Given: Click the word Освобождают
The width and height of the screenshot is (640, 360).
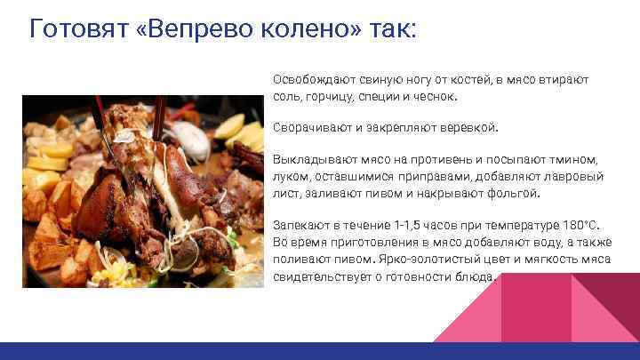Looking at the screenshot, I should pos(310,79).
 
